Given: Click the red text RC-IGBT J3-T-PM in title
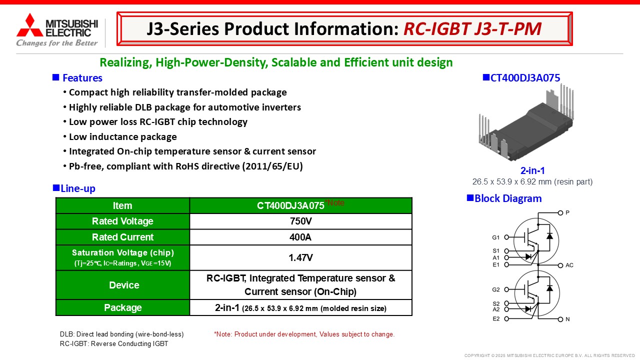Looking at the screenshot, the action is coord(472,29).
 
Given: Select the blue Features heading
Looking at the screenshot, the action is coord(82,78).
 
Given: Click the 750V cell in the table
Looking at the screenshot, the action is coord(301,221).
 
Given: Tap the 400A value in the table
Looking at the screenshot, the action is coord(300,237).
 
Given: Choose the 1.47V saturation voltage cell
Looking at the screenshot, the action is coord(300,257).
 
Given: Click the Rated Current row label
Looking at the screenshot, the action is coord(122,237).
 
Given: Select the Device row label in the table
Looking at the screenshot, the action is coord(124,285).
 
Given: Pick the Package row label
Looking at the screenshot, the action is coord(123,307).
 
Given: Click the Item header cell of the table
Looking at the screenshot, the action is coord(122,205).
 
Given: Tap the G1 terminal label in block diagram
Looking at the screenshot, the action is coord(495,237).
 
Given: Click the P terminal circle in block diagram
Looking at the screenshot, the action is coord(560,213).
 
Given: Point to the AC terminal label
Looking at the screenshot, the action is coord(569,265).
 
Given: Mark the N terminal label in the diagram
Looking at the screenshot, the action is coord(567,319).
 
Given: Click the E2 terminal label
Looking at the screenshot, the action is coord(496,319).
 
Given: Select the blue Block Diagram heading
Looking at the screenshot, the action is coord(508,198).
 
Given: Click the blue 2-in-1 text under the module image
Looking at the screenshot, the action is coord(532,170).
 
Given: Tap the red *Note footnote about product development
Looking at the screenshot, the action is coord(304,334).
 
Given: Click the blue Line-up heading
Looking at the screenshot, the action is coord(78,188).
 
